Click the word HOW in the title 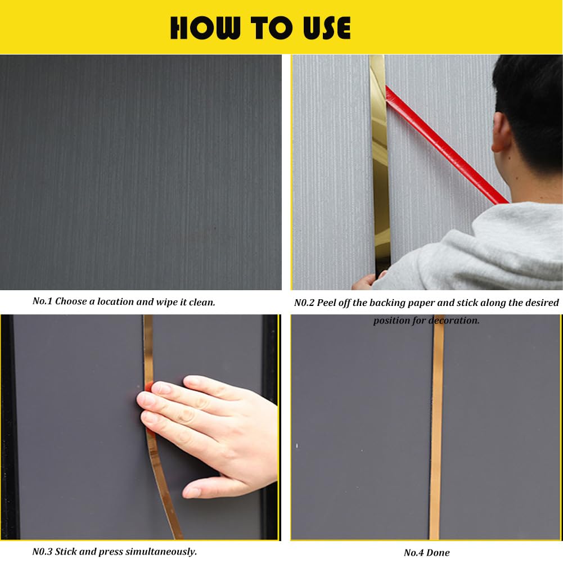(201, 28)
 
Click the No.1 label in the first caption (42, 301)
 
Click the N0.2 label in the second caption (304, 303)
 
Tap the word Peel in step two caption (328, 303)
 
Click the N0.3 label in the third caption (43, 551)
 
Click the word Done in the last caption (439, 552)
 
